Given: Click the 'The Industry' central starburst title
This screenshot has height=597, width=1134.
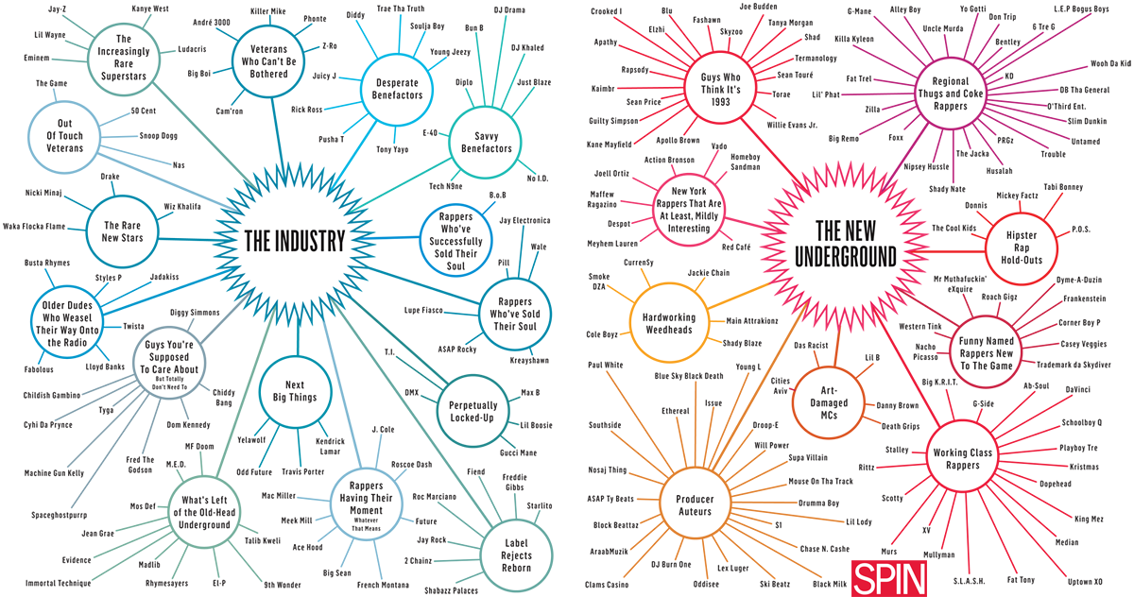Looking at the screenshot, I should pos(295,241).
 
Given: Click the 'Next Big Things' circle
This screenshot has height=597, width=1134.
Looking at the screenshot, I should pos(295,392).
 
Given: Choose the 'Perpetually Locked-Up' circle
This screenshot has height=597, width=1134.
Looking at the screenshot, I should pos(472,408).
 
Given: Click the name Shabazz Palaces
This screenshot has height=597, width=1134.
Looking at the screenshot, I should pos(445,590).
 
